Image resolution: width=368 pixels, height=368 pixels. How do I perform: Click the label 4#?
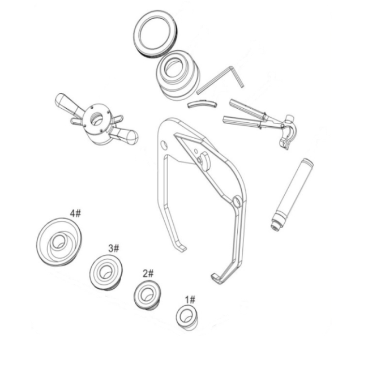coord(75,213)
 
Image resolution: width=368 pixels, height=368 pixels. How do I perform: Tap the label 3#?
coord(114,248)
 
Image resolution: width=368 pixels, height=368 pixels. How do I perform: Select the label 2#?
coord(148,273)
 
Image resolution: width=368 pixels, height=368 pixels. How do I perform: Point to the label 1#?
coord(190,299)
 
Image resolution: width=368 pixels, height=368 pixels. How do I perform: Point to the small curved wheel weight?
coord(202,104)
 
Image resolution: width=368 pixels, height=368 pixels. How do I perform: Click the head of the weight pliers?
coord(287,131)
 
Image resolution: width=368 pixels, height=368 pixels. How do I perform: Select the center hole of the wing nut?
coord(96,118)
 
